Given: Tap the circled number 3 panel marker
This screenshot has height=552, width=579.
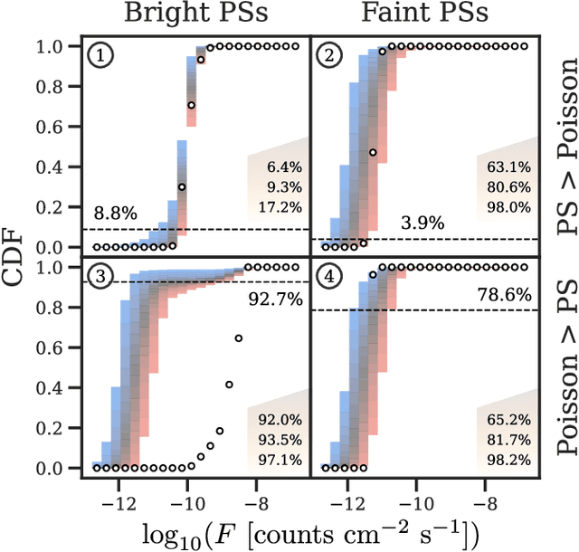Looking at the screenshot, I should pos(100,278).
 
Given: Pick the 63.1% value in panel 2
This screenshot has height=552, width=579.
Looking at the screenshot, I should pos(508,167).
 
